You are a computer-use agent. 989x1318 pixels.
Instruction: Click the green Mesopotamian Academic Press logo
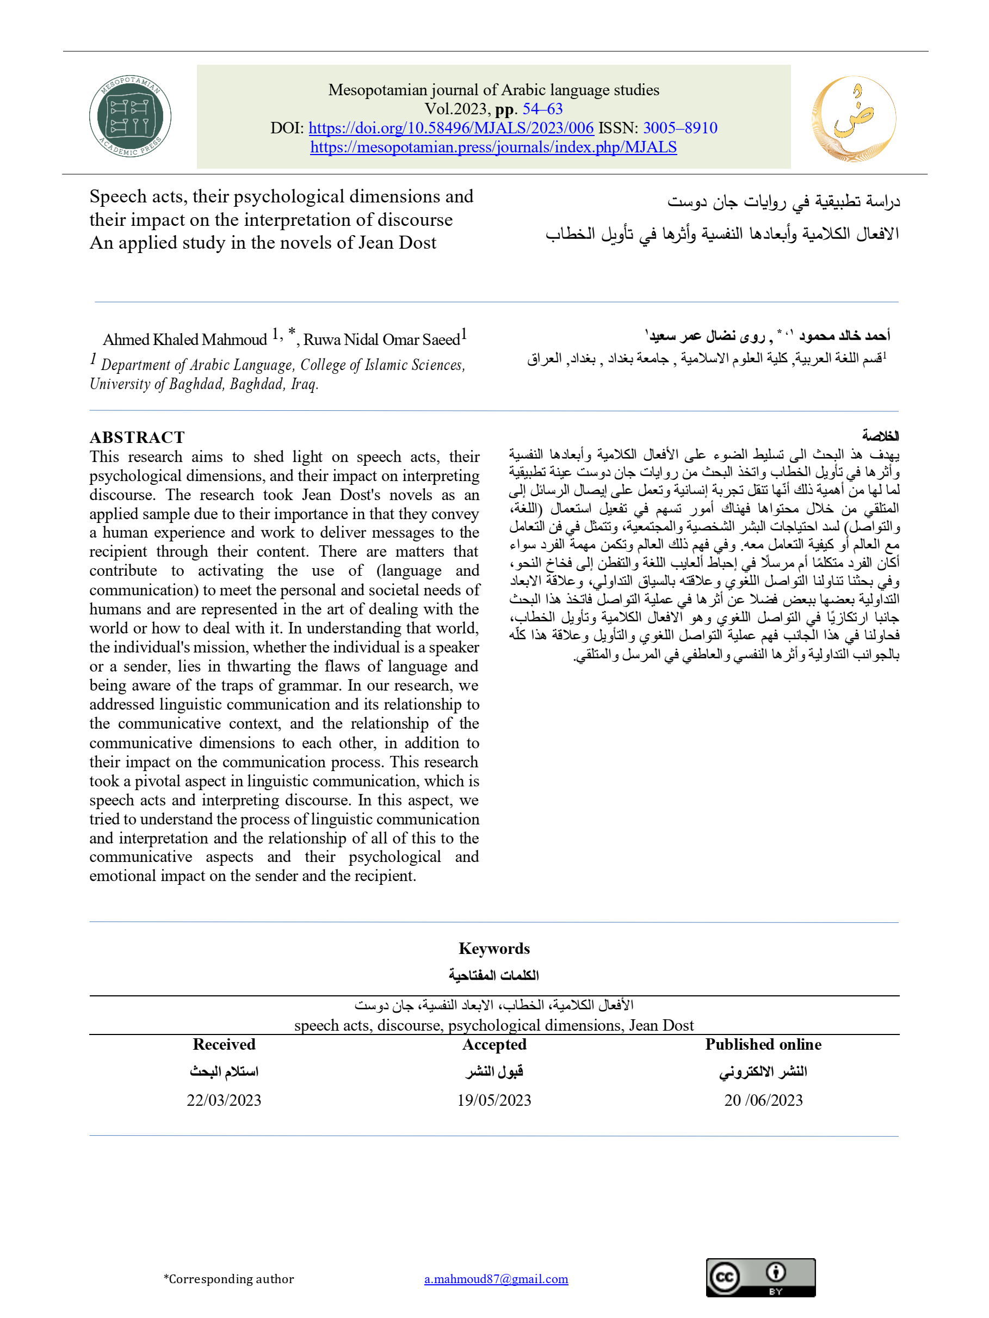[130, 116]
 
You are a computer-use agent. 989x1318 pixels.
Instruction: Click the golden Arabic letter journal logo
[853, 119]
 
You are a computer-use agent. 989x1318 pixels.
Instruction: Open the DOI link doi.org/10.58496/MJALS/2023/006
[450, 127]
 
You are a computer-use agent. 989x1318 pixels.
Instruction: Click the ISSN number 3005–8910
[680, 127]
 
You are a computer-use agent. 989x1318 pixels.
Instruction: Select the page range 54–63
[542, 108]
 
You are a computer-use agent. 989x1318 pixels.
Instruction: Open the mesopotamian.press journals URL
[493, 146]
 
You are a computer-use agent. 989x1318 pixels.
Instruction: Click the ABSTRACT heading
[137, 438]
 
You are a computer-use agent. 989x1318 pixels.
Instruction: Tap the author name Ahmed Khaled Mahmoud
[185, 339]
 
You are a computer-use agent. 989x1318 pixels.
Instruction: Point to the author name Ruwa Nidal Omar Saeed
[382, 339]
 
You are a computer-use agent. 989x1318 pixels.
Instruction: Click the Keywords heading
[494, 948]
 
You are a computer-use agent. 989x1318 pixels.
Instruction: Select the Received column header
[224, 1044]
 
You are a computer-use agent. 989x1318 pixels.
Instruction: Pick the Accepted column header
[494, 1044]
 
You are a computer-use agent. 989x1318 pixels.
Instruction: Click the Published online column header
[763, 1044]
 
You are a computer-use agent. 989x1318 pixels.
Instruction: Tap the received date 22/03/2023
[224, 1100]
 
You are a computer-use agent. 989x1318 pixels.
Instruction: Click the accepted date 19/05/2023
[494, 1100]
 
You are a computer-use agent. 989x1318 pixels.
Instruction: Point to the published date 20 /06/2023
[763, 1100]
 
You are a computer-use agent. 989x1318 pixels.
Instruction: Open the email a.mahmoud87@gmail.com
[496, 1279]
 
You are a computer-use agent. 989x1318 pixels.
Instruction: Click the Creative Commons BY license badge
[760, 1278]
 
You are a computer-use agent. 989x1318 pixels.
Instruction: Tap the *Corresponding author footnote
[229, 1279]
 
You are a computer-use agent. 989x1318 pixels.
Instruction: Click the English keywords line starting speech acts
[494, 1025]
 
